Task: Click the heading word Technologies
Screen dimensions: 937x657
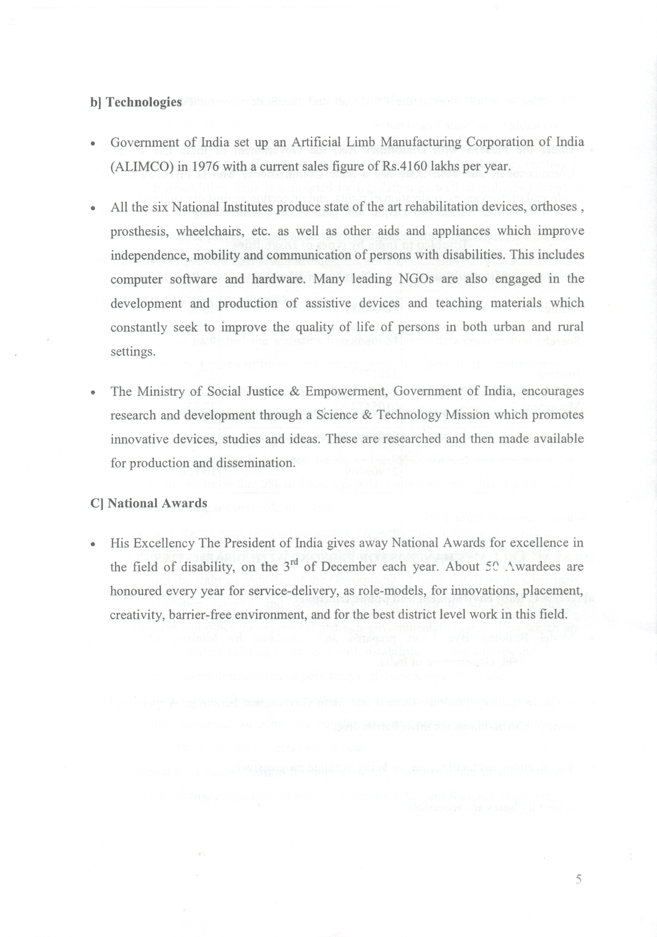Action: tap(144, 102)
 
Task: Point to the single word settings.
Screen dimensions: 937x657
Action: tap(133, 351)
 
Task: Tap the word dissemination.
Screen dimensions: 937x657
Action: tap(256, 463)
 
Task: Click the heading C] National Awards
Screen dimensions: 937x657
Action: tap(148, 503)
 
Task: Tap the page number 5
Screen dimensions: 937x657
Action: tap(578, 879)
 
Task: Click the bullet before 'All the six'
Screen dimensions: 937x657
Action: tap(95, 208)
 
